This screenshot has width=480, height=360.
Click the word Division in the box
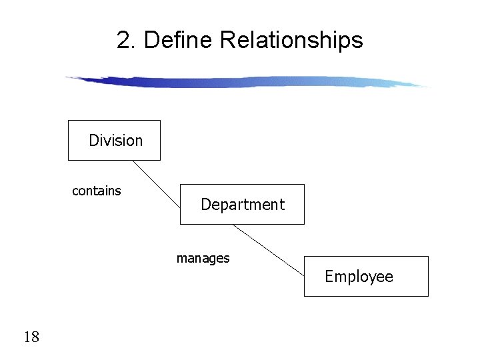[x=115, y=141]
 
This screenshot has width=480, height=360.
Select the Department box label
[x=243, y=205]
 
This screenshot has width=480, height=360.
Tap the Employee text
[x=359, y=277]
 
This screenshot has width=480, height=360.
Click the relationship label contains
[x=97, y=191]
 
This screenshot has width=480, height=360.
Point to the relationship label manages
[x=203, y=259]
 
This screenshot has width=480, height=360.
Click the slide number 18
[x=31, y=337]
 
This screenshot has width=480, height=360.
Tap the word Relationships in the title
[x=291, y=41]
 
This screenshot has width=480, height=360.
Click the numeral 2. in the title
[x=127, y=41]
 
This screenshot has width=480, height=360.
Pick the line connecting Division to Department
[x=156, y=183]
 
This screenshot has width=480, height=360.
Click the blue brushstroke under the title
[x=247, y=82]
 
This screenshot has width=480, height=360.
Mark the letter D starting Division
[x=93, y=141]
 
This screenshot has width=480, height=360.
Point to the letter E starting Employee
[x=329, y=277]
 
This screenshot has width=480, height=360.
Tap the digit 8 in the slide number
[x=35, y=337]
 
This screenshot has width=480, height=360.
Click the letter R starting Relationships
[x=227, y=41]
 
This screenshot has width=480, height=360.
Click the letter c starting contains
[x=75, y=192]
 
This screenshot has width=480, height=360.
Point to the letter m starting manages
[x=181, y=259]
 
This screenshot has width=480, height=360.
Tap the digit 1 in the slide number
[x=27, y=337]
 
